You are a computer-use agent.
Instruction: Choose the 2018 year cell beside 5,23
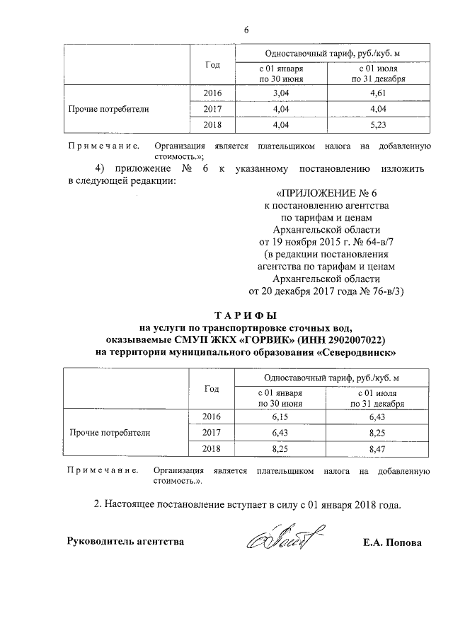(212, 126)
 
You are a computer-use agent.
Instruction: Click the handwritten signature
(282, 541)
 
